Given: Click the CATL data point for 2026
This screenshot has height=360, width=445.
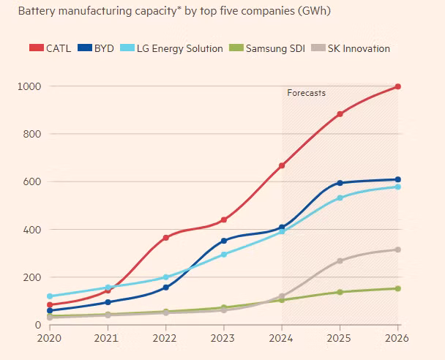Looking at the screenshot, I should pos(398,86).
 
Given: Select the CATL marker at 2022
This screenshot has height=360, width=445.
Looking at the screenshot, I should pos(165,238).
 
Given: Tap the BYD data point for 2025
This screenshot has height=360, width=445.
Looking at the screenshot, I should pos(340,183).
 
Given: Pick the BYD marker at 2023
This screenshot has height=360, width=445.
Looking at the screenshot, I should pos(224,241).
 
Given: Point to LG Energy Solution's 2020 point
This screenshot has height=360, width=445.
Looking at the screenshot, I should pos(50,296).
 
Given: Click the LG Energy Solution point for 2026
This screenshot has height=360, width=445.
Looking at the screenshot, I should pos(398,187).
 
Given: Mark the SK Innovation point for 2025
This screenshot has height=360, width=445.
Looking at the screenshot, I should pos(340,260).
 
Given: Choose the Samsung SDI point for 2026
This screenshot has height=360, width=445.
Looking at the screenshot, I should pos(398,288).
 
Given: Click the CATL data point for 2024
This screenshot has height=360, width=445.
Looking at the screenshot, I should pos(282,165).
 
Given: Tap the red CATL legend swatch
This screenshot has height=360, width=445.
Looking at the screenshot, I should pos(37,48).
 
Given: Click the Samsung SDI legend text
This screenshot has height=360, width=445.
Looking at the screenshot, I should pos(275,48).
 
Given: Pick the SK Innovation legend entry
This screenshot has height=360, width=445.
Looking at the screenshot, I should pos(359,48).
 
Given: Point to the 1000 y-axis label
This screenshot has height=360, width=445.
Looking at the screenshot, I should pos(29,86).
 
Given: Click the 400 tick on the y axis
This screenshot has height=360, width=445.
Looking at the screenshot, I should pos(31,230).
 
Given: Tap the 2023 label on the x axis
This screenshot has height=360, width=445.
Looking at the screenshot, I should pos(224,340).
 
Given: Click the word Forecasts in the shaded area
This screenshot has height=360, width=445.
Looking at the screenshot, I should pos(306,93).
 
